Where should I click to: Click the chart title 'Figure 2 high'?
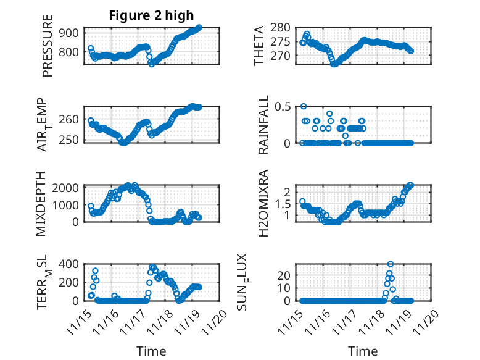(151, 15)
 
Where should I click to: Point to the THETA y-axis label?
(259, 45)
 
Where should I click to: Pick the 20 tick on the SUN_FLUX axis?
(283, 288)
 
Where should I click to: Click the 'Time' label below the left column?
(151, 351)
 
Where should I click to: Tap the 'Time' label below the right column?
(363, 351)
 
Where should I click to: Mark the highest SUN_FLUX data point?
(391, 264)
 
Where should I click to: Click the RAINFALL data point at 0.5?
(304, 106)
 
